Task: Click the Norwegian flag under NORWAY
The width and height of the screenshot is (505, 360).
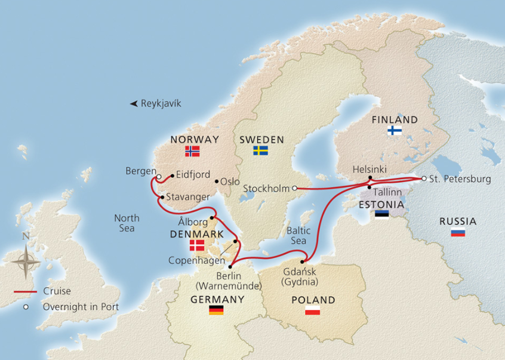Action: click(x=192, y=152)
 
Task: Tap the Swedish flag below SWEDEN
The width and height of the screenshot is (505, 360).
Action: click(x=260, y=150)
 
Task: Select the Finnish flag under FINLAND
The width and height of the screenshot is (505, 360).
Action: click(x=395, y=130)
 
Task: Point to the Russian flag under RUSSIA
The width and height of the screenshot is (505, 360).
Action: click(x=458, y=232)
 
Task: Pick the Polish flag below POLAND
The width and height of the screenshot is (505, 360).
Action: click(x=312, y=310)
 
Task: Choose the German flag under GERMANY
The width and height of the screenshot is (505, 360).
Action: click(x=216, y=310)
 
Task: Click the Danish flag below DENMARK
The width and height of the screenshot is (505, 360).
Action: click(x=196, y=245)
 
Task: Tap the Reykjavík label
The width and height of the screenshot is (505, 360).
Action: click(x=161, y=103)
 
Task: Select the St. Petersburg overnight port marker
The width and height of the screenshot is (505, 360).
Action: click(x=424, y=179)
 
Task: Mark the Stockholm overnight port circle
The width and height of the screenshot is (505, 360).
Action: click(x=294, y=189)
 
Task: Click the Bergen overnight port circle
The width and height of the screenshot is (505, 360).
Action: click(x=158, y=176)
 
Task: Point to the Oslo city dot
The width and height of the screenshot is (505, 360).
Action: click(x=216, y=181)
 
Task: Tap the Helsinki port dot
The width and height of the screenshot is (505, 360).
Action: click(x=370, y=178)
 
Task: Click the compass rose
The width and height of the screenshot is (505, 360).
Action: click(x=26, y=261)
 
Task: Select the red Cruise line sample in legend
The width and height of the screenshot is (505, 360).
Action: click(x=26, y=292)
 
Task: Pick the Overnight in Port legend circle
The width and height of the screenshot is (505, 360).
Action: click(x=26, y=307)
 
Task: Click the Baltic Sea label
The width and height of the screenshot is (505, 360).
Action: click(x=298, y=235)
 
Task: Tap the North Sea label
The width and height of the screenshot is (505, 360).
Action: click(x=127, y=223)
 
